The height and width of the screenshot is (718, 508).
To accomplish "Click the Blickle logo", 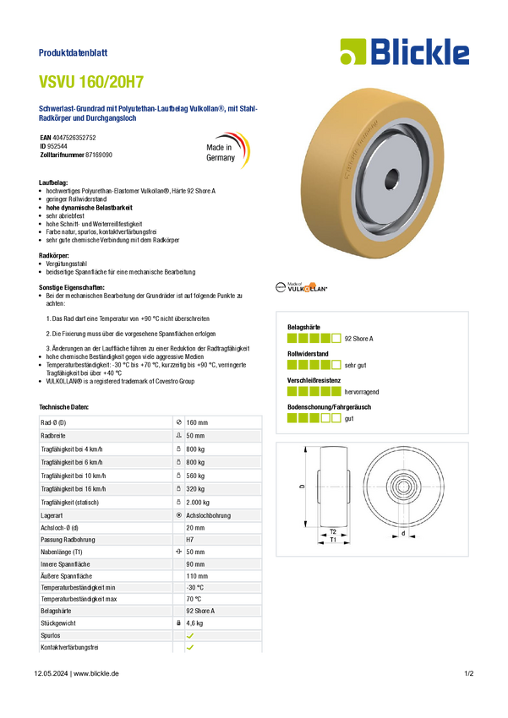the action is [405, 52].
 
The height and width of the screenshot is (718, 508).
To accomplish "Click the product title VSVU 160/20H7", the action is [91, 81].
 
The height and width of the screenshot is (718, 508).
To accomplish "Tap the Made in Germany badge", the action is [227, 150].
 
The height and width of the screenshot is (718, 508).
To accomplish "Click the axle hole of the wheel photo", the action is [391, 178].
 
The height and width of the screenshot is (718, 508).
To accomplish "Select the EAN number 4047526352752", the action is [74, 138].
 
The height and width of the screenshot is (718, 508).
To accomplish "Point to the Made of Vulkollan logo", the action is [302, 287].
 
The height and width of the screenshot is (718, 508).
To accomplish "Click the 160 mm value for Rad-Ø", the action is [197, 422].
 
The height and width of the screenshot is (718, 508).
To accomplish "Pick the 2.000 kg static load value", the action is [198, 503].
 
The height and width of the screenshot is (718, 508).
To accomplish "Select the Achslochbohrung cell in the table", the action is [208, 515].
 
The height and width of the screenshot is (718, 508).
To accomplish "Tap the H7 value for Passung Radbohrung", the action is [189, 540].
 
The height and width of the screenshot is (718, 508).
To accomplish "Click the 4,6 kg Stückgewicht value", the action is [194, 623].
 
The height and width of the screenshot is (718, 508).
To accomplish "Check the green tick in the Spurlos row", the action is [190, 635].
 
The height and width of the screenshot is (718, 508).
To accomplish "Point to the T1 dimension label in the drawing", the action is [333, 540].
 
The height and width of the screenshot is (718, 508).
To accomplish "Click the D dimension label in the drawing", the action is [302, 487].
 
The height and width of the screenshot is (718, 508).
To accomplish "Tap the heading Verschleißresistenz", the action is [314, 380].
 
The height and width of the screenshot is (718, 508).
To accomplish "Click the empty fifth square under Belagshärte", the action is [336, 339].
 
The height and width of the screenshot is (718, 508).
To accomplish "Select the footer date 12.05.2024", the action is [51, 673].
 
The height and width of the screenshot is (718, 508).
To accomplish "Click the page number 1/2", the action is [468, 673].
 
